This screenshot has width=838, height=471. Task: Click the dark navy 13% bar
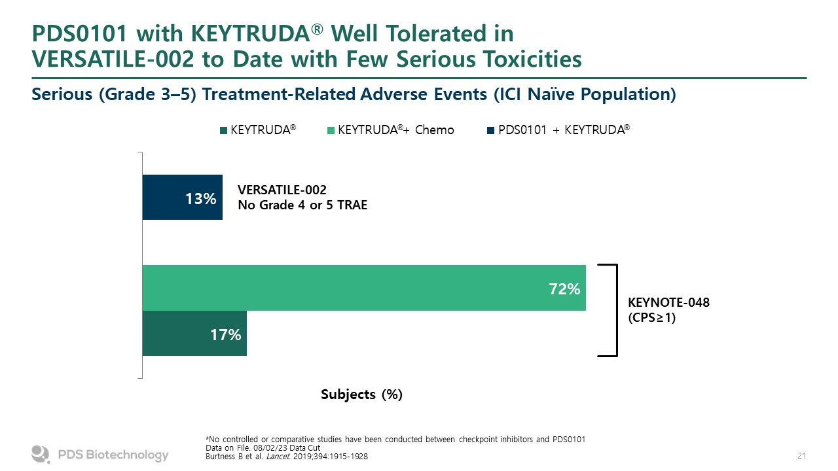coord(182,197)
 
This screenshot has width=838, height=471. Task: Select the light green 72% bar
coord(363,288)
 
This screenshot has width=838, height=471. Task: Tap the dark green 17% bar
coord(194,334)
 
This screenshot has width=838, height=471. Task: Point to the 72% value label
coord(564,288)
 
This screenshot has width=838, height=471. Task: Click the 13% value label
coord(201,198)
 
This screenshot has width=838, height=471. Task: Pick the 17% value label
coord(225,335)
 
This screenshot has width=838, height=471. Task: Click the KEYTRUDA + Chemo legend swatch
coord(331,130)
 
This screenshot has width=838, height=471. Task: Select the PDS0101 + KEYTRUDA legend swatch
coord(491,130)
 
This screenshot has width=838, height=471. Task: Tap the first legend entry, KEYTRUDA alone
coord(259,130)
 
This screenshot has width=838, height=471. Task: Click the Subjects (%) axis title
coord(361,394)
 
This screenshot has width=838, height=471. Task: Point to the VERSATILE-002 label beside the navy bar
coord(282,190)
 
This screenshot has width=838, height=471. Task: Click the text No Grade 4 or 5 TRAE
coord(302,205)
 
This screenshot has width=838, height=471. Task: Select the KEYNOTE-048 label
coord(668,303)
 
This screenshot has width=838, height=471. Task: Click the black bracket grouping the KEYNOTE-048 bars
coord(615,311)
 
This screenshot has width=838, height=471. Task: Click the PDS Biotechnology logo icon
coord(41,454)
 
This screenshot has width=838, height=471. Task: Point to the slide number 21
coord(801,455)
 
